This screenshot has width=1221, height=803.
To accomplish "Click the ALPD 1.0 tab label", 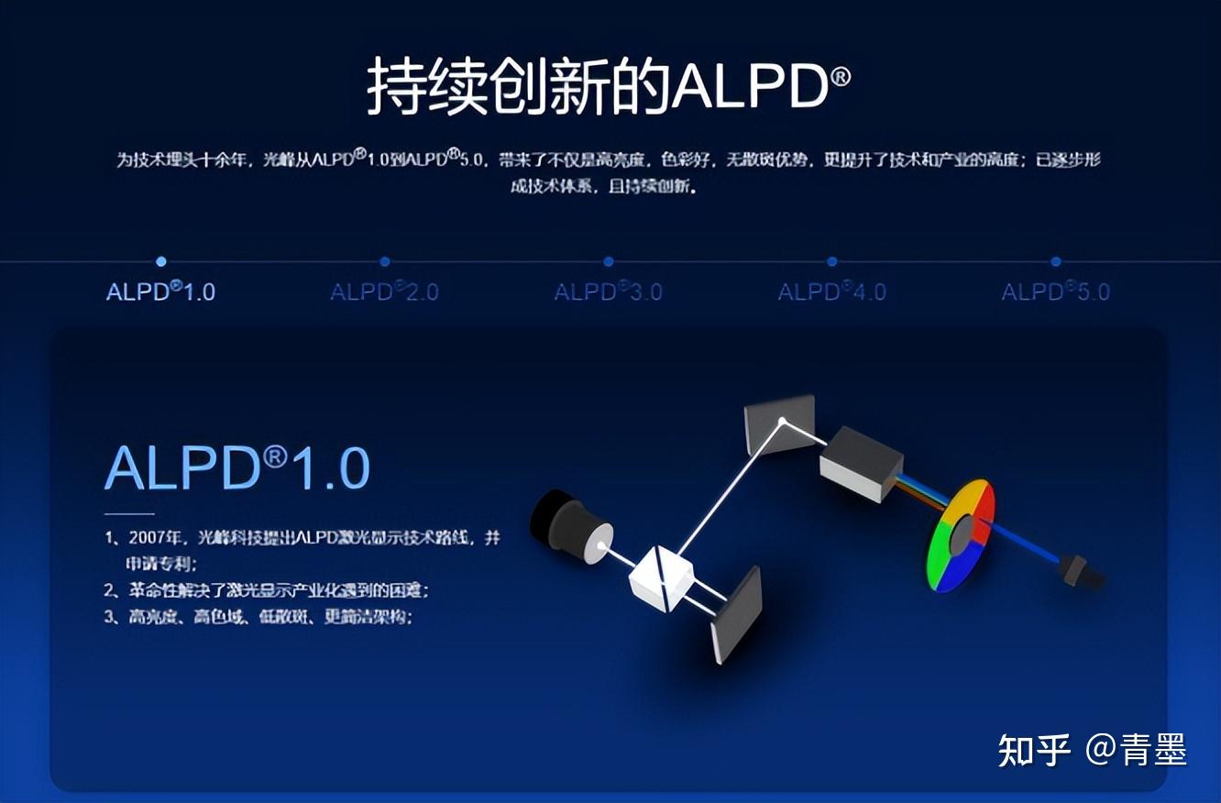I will (x=160, y=292).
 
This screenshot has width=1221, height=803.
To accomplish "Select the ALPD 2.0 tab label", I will (x=384, y=292).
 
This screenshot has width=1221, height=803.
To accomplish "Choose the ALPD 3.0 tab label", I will (x=608, y=292).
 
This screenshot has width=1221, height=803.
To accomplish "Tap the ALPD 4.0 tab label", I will (x=831, y=292).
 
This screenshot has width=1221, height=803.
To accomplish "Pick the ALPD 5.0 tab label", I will (x=1055, y=292).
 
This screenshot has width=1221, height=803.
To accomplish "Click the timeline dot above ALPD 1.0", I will (x=161, y=261).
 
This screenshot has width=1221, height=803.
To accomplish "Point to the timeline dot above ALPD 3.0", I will (x=609, y=261).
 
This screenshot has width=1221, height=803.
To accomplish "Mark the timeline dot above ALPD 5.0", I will (x=1056, y=261).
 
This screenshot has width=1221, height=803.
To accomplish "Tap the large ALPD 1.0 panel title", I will (x=236, y=468).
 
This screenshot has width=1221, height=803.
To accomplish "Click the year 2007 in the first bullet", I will (x=148, y=538).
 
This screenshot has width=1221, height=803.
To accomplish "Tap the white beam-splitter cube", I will (x=660, y=577).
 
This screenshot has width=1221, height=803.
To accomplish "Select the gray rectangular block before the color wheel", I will (x=860, y=463).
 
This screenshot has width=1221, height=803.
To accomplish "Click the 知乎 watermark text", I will (x=1033, y=750).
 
